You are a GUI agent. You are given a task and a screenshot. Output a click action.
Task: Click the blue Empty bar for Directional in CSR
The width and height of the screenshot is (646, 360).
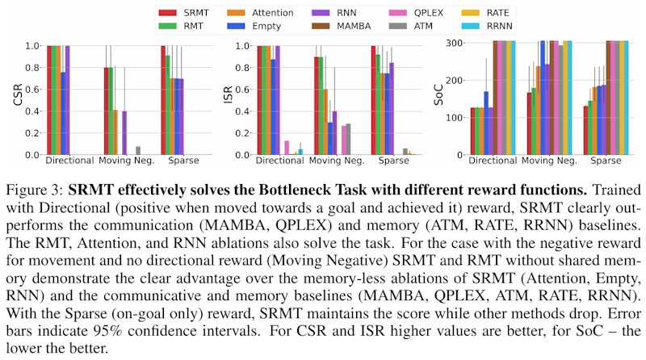[63, 113]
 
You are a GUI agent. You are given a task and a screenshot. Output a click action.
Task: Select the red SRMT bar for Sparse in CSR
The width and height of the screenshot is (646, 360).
[163, 100]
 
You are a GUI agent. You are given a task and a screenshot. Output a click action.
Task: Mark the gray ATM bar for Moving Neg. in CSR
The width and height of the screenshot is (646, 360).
[138, 151]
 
